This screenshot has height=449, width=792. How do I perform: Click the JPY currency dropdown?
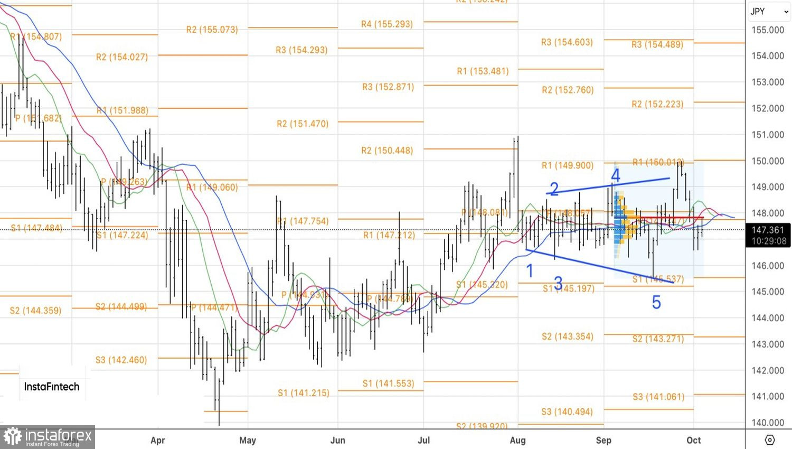(x=769, y=12)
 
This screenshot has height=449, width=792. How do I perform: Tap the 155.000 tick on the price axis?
(x=768, y=30)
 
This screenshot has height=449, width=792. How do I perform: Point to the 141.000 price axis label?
(x=768, y=396)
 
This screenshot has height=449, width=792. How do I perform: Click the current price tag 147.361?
(x=768, y=230)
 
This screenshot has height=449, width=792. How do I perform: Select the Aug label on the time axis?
(x=517, y=440)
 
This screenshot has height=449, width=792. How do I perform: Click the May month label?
(x=248, y=440)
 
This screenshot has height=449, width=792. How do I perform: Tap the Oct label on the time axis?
(x=694, y=440)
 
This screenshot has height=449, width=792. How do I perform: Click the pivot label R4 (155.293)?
(x=387, y=24)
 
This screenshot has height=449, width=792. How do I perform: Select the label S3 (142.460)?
(x=121, y=360)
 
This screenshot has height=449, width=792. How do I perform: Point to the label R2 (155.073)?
(x=212, y=30)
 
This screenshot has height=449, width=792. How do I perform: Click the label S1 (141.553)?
(x=388, y=383)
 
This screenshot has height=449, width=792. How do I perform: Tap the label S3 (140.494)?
(x=567, y=411)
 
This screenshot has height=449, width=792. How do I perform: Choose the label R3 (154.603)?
(x=567, y=42)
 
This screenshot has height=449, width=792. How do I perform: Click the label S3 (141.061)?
(x=658, y=396)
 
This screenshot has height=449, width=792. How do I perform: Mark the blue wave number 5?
(x=656, y=302)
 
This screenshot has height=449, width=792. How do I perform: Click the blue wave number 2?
(x=554, y=189)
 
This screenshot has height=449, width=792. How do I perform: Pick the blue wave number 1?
(x=530, y=271)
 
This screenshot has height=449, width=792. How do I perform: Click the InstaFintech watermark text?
(x=52, y=387)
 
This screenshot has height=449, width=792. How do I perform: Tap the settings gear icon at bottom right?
(x=769, y=439)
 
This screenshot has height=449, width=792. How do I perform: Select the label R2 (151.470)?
(x=303, y=124)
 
